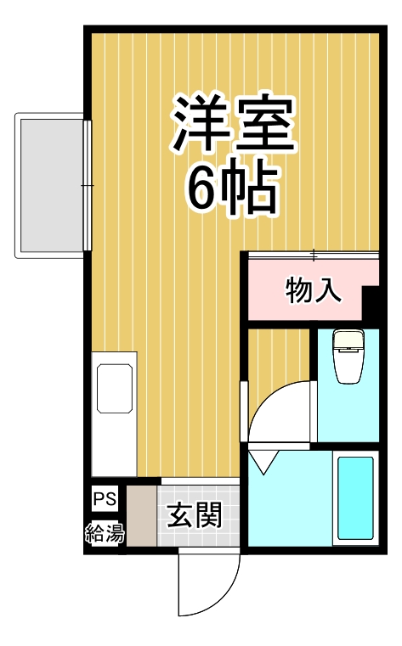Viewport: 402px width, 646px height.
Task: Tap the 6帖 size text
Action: click(234, 189)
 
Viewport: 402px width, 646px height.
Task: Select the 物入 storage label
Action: click(314, 291)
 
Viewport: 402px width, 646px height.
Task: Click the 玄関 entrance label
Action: click(195, 515)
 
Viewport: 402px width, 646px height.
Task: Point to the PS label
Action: click(105, 498)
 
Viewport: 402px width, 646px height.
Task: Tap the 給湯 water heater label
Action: click(105, 534)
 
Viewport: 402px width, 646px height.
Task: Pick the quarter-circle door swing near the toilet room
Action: click(280, 412)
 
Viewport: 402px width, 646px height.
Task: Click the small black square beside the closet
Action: click(371, 302)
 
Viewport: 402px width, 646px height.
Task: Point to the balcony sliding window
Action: click(87, 184)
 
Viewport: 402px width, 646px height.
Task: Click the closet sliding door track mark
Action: click(314, 255)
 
